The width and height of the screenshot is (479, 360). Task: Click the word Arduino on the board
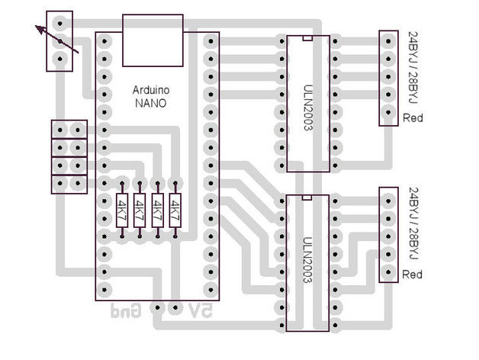(151, 90)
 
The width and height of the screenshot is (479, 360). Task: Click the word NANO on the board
(150, 103)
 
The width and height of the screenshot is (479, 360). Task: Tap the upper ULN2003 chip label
(308, 108)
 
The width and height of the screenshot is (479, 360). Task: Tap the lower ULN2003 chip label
(308, 260)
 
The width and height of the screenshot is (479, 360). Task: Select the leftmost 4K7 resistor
(122, 211)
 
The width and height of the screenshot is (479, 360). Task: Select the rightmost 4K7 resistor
(175, 211)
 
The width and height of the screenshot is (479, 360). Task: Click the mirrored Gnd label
(126, 310)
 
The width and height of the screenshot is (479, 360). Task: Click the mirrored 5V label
(201, 310)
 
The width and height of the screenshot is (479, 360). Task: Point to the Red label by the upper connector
(413, 118)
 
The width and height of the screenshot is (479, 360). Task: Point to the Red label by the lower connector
(412, 275)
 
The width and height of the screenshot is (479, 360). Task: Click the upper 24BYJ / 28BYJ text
(413, 68)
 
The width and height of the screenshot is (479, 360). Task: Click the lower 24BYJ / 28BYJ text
(413, 224)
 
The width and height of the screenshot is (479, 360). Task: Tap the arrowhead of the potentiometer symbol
(40, 29)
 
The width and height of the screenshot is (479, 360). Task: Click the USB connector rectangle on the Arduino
(153, 40)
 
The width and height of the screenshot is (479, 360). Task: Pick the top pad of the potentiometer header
(59, 23)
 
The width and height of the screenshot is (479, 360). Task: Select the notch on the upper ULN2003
(307, 38)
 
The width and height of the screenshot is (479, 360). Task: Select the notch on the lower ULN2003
(307, 198)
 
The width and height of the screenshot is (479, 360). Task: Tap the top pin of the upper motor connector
(388, 41)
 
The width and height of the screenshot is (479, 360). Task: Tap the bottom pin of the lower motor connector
(388, 272)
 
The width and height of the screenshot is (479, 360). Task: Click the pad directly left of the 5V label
(175, 307)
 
